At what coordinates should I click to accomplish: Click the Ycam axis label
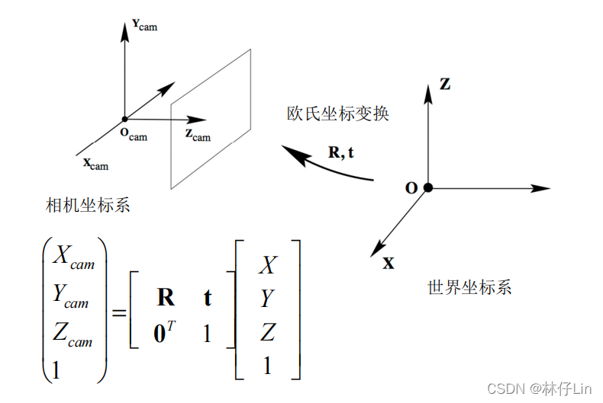tap(144, 26)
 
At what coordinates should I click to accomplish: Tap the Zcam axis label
tap(197, 135)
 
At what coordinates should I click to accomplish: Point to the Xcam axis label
tap(95, 163)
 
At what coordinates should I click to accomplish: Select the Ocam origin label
tap(134, 135)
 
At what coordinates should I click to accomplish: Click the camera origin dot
tap(124, 119)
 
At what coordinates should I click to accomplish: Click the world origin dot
tap(428, 187)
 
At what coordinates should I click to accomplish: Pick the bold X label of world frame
tap(389, 264)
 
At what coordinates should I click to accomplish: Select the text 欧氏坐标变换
tap(338, 114)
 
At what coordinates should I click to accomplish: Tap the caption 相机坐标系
tap(89, 206)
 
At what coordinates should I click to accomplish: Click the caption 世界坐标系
tap(469, 287)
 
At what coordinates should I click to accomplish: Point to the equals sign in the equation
tap(119, 313)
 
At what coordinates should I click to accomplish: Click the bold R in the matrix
tap(166, 298)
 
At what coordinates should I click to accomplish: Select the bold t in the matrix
tap(208, 298)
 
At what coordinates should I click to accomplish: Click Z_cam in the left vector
tap(72, 336)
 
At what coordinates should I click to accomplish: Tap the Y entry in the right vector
tap(266, 299)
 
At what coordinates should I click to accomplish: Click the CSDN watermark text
tap(539, 389)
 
